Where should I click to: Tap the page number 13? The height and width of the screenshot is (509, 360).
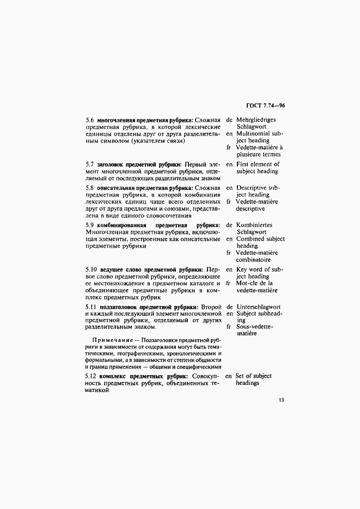coord(281,400)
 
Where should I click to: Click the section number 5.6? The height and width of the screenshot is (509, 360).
coord(90,120)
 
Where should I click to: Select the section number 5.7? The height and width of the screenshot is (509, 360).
coord(90,164)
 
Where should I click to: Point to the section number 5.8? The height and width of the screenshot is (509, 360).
coord(90,188)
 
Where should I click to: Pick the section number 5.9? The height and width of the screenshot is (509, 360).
coord(90,225)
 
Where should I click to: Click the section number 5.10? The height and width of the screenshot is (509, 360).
coord(92,269)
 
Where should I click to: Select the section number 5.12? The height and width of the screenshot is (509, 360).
coord(92,376)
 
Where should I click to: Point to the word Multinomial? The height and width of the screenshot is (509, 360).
coord(254,133)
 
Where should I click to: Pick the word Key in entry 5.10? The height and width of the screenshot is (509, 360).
coord(242,269)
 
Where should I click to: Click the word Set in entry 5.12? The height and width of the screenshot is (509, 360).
coord(241,376)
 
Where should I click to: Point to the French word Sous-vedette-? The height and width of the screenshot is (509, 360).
coord(255,327)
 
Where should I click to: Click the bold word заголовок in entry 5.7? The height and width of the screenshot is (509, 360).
coord(111,164)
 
